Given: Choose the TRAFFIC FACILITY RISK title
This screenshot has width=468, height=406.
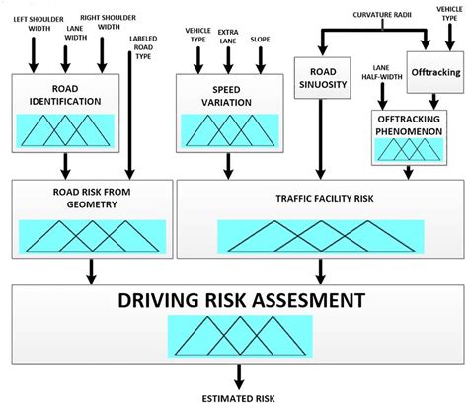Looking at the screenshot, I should click(317, 198).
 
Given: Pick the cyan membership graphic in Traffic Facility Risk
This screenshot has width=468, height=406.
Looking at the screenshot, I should click(317, 236).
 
